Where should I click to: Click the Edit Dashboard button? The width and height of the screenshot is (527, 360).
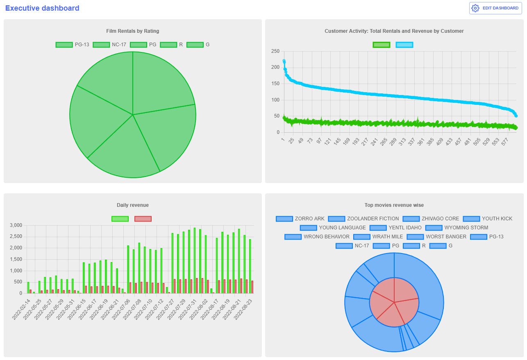tap(495, 8)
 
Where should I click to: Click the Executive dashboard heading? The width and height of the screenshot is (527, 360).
tap(42, 8)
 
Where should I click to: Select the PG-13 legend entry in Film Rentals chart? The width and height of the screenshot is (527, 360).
tap(73, 45)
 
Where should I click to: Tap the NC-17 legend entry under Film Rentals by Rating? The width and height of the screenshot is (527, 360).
tap(109, 45)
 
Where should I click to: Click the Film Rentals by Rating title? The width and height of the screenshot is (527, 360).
tap(132, 31)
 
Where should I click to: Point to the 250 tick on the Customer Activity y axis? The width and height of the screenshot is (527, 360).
tap(275, 51)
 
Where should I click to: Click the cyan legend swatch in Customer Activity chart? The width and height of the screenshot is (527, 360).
tap(404, 45)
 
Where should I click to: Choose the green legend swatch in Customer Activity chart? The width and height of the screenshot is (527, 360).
tap(381, 45)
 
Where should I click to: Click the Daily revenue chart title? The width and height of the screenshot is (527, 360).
tap(132, 205)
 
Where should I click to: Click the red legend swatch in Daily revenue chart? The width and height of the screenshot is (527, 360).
tap(143, 219)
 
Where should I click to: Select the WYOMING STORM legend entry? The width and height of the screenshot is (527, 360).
tap(457, 228)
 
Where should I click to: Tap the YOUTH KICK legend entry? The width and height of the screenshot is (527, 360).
tap(488, 219)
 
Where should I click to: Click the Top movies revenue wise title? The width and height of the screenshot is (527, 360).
tap(394, 205)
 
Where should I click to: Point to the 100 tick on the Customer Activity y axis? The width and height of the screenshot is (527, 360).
tap(275, 100)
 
